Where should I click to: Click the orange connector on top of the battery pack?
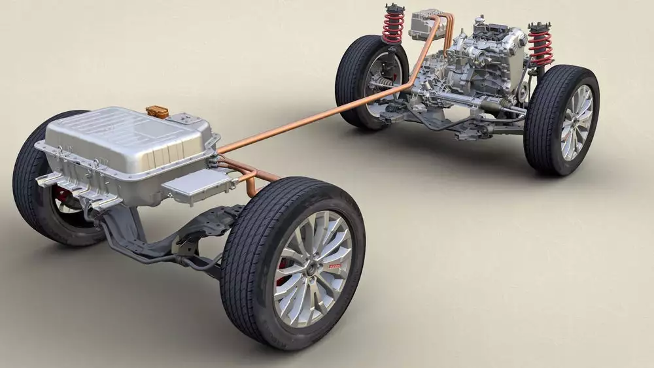(157, 111)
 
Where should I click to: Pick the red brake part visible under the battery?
(62, 193)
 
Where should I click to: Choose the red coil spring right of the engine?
(540, 48)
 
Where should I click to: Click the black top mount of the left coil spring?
(394, 8)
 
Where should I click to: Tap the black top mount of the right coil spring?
(540, 27)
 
